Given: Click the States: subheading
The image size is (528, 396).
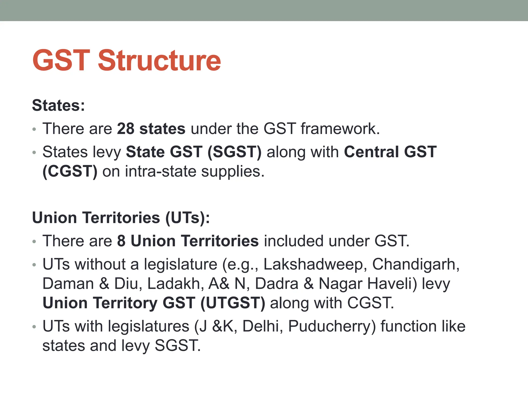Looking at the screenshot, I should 58,105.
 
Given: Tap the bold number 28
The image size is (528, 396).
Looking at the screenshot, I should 126,128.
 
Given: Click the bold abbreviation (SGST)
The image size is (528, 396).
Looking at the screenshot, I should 234,152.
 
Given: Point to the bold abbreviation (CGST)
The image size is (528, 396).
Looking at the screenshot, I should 70,171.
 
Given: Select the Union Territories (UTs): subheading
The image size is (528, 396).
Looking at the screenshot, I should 121,218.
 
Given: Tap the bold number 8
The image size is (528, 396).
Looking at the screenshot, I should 121,241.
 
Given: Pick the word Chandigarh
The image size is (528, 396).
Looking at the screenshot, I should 416,264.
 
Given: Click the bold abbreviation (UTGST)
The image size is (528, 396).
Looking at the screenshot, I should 233,303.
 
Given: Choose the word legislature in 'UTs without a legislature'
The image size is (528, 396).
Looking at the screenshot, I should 180,264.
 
